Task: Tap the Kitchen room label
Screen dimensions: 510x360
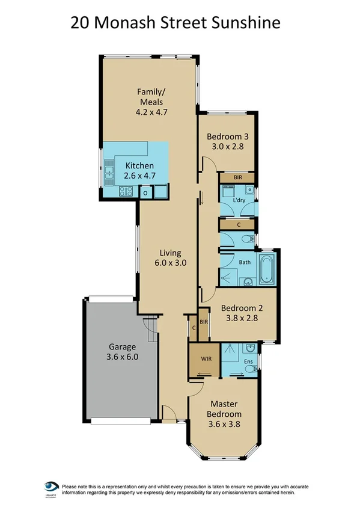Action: [139, 165]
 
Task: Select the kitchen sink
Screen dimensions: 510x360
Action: [109, 172]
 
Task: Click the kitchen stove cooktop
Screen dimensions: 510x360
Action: [126, 192]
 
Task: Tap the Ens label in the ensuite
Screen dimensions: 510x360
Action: [248, 361]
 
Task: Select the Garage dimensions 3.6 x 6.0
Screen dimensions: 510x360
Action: [123, 357]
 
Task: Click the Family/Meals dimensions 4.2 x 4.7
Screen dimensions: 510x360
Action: [150, 111]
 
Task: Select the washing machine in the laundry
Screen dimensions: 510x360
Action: [229, 191]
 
